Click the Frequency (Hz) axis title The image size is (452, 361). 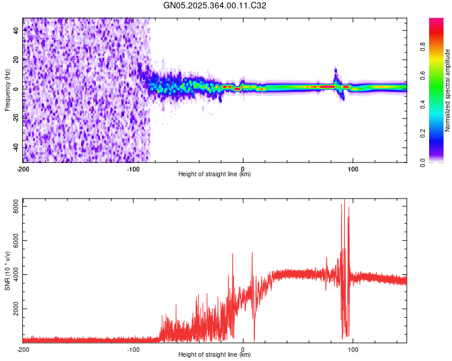[7, 90]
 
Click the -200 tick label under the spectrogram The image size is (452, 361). [23, 168]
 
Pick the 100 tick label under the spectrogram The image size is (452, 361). [353, 168]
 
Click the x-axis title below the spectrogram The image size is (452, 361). [215, 174]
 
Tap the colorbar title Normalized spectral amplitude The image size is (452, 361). [448, 90]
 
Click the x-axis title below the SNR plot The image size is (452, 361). [215, 354]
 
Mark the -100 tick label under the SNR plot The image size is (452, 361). [133, 348]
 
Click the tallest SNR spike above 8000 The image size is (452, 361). [344, 200]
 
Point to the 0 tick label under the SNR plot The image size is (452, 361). [243, 348]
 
